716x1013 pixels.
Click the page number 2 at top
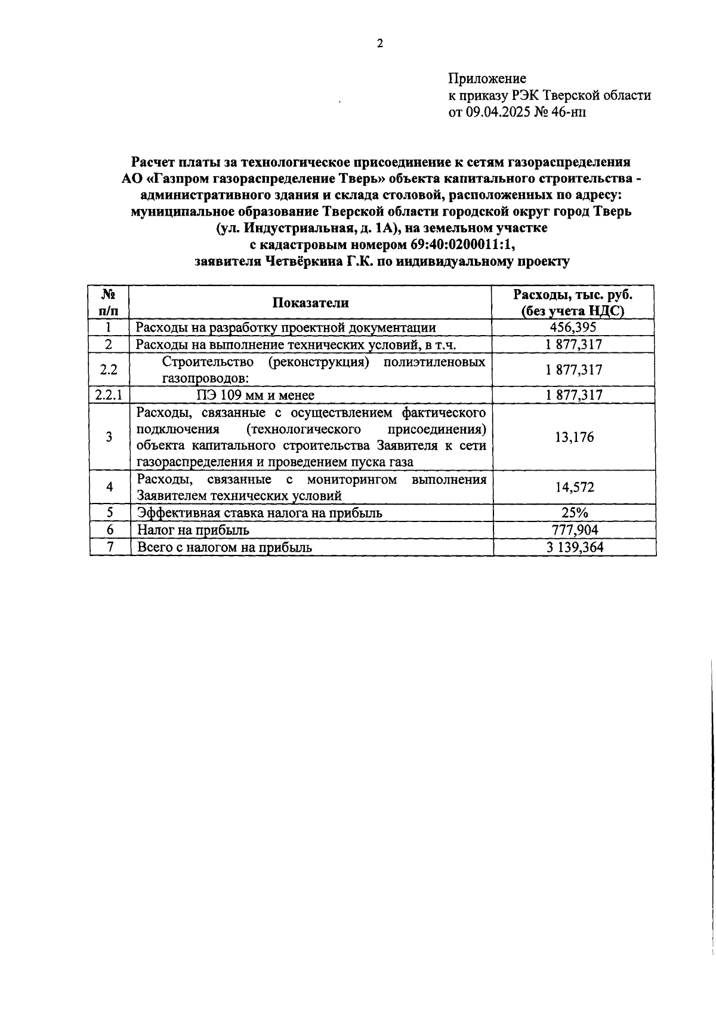click(380, 44)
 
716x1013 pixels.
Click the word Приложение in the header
click(487, 79)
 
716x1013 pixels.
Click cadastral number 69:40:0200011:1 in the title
click(462, 244)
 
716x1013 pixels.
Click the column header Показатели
click(310, 303)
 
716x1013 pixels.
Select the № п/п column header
click(109, 303)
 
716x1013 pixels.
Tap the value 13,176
click(574, 437)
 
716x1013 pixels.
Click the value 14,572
click(574, 487)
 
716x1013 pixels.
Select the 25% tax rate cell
click(574, 513)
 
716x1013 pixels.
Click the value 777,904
click(574, 530)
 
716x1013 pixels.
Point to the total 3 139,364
click(574, 547)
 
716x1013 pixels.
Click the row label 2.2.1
click(109, 395)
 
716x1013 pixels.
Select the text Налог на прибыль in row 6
click(193, 530)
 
